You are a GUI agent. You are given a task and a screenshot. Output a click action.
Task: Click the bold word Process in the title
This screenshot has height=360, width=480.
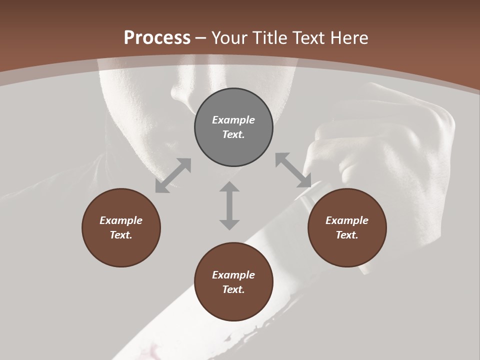(157, 38)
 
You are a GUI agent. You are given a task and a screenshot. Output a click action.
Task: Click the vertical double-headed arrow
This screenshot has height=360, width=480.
(229, 205)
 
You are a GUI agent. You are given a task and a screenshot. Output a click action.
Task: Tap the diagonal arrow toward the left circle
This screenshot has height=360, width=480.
(173, 175)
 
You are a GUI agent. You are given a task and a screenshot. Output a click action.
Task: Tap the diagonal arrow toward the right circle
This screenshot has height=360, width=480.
(293, 170)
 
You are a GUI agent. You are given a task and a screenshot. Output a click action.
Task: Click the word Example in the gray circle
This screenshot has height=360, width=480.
(233, 120)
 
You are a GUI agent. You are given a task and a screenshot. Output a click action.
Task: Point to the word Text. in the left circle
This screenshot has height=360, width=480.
(121, 235)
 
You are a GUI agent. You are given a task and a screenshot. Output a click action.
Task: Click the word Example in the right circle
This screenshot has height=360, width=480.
(347, 220)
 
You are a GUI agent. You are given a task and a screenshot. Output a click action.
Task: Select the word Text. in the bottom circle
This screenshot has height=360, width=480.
(233, 289)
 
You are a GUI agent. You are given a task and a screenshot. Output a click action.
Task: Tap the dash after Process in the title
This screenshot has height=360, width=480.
(201, 38)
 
